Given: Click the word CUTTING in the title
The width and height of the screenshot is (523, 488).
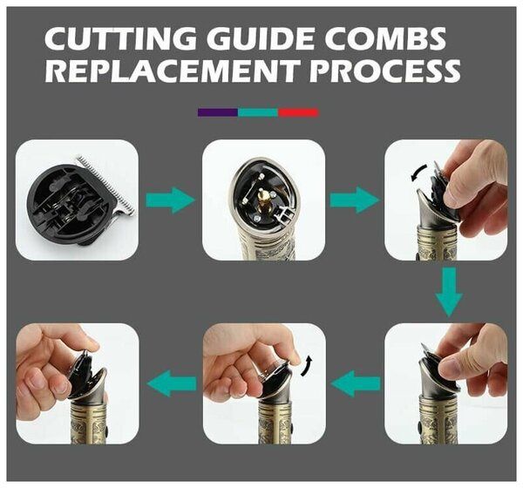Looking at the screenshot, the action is tap(122, 38).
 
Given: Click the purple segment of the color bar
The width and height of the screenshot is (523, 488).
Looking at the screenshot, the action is tap(218, 112).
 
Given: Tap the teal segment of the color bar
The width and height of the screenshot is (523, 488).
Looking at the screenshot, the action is tap(258, 112).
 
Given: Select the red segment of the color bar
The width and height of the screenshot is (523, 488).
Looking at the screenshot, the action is tap(298, 112).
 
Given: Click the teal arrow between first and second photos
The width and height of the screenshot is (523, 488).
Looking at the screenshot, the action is tap(171, 200).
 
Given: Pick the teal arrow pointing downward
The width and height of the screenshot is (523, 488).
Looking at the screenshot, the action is tap(449, 292).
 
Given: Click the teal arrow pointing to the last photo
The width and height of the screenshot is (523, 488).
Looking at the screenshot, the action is tap(172, 383).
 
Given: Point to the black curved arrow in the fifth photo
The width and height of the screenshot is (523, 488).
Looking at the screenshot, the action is tap(307, 366).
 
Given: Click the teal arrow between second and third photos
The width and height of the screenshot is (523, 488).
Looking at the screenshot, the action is tap(355, 200).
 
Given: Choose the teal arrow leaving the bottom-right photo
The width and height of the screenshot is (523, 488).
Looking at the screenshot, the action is tap(356, 383).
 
